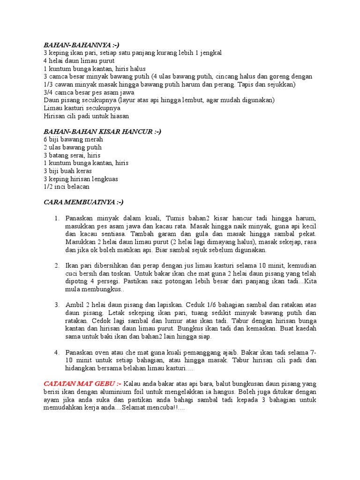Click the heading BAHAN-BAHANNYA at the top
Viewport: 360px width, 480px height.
pyautogui.click(x=78, y=45)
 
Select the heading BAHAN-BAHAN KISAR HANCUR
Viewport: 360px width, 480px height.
pyautogui.click(x=102, y=132)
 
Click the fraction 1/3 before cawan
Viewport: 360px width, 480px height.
pyautogui.click(x=49, y=84)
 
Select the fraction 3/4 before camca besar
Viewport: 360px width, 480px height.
pyautogui.click(x=49, y=92)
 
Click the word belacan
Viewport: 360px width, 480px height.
pyautogui.click(x=76, y=187)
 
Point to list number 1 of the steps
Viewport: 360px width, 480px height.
pyautogui.click(x=57, y=218)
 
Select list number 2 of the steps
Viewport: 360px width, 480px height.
pyautogui.click(x=57, y=266)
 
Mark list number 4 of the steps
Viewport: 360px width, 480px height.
pyautogui.click(x=57, y=352)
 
